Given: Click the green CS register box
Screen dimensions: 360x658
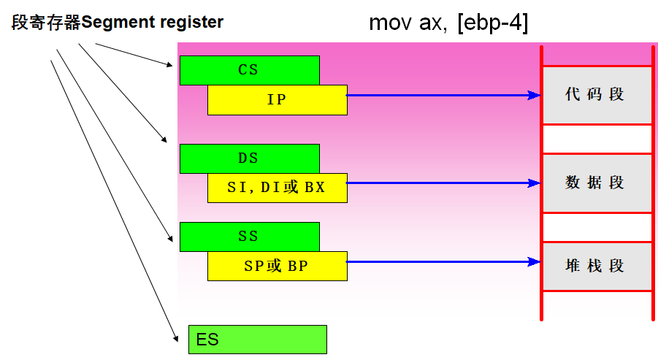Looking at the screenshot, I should tap(249, 70).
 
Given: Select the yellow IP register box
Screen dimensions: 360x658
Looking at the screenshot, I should tap(277, 100).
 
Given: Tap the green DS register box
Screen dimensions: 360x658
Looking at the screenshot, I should tap(249, 158).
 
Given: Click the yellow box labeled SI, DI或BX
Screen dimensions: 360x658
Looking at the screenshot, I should tap(277, 188).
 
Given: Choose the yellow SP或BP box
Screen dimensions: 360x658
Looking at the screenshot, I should tap(277, 267).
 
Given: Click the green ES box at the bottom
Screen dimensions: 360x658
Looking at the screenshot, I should tap(257, 340).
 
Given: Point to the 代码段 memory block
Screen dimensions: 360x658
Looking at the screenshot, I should tap(596, 95).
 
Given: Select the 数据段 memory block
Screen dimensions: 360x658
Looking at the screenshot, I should tap(596, 183).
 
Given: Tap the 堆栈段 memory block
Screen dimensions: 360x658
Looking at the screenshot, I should tap(596, 266).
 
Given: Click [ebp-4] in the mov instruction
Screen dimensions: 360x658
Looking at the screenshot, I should tap(493, 23).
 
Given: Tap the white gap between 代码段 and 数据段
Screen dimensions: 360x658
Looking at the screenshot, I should tap(596, 139).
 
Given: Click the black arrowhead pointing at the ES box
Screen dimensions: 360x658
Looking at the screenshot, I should tap(176, 337).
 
